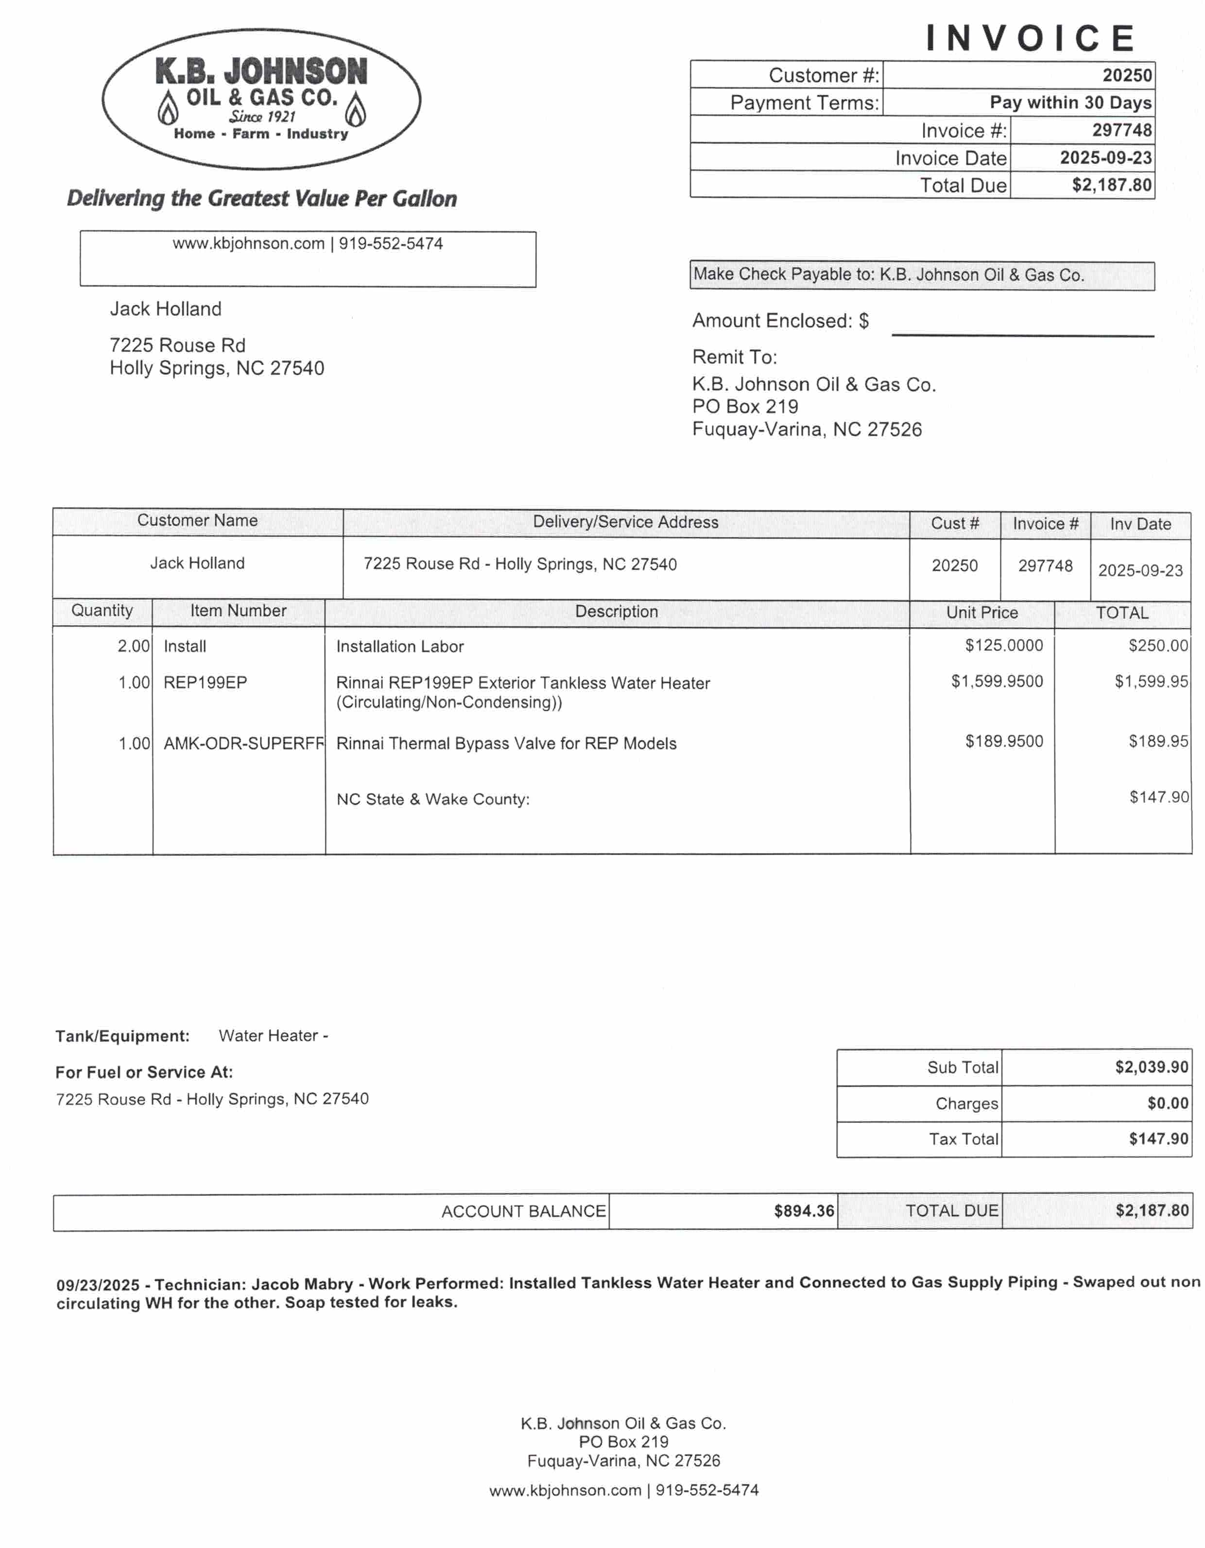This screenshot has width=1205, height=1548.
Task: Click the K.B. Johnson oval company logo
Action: [x=261, y=99]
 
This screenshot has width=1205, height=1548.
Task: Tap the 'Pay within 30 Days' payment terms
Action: [x=1070, y=103]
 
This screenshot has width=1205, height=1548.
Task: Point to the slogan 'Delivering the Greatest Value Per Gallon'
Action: [x=261, y=198]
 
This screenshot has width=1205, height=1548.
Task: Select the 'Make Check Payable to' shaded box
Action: [x=921, y=275]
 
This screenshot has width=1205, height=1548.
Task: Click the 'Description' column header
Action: [x=616, y=612]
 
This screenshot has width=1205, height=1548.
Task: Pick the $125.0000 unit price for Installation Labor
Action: [x=1004, y=646]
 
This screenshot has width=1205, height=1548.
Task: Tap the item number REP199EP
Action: [x=205, y=683]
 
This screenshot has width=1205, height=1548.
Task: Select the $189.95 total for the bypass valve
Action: [x=1158, y=741]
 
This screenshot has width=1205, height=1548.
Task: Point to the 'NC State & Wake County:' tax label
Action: [x=433, y=800]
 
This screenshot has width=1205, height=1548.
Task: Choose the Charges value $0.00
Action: [x=1168, y=1103]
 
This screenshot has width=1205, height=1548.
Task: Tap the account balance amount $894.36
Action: [x=804, y=1211]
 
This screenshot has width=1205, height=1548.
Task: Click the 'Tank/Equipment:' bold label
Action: [x=122, y=1036]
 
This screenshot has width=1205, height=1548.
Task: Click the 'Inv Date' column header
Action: [x=1140, y=525]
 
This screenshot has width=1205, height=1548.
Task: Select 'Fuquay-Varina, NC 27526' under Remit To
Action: [x=807, y=430]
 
